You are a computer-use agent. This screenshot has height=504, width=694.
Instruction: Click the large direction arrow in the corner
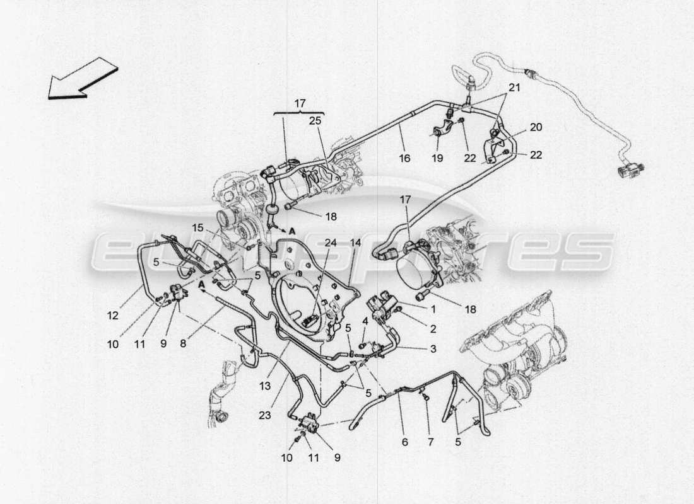click(81, 78)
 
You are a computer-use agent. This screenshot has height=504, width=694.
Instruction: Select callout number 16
click(404, 158)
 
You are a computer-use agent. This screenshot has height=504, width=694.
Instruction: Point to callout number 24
click(331, 241)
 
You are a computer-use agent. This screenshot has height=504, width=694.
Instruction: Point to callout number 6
click(404, 442)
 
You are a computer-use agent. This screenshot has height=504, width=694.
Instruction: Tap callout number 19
click(437, 158)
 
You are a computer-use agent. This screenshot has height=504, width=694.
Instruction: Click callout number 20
click(536, 127)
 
